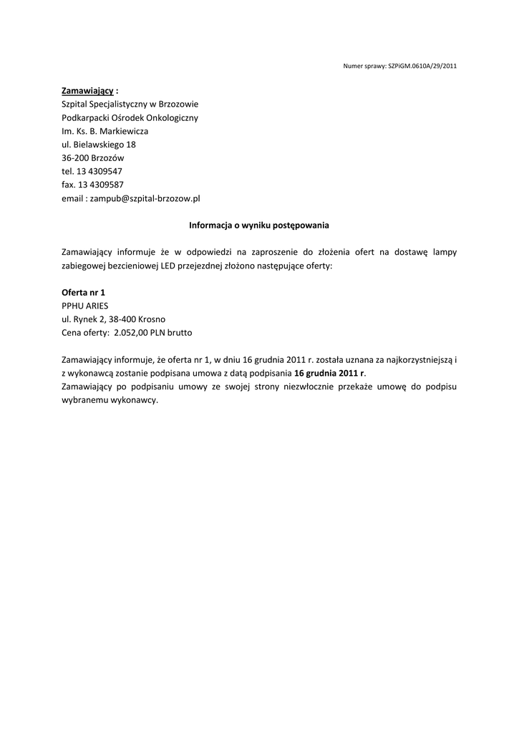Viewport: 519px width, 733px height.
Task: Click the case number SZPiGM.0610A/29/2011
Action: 422,66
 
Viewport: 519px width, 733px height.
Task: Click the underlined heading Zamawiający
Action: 87,91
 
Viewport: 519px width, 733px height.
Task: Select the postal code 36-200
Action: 74,157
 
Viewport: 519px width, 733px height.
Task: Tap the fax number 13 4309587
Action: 100,185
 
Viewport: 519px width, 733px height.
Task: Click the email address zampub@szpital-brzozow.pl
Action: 145,198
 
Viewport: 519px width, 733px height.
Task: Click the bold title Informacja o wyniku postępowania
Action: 259,225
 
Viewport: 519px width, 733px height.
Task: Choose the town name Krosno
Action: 155,319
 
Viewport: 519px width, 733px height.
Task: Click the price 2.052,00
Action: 130,333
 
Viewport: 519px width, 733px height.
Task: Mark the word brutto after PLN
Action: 179,333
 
